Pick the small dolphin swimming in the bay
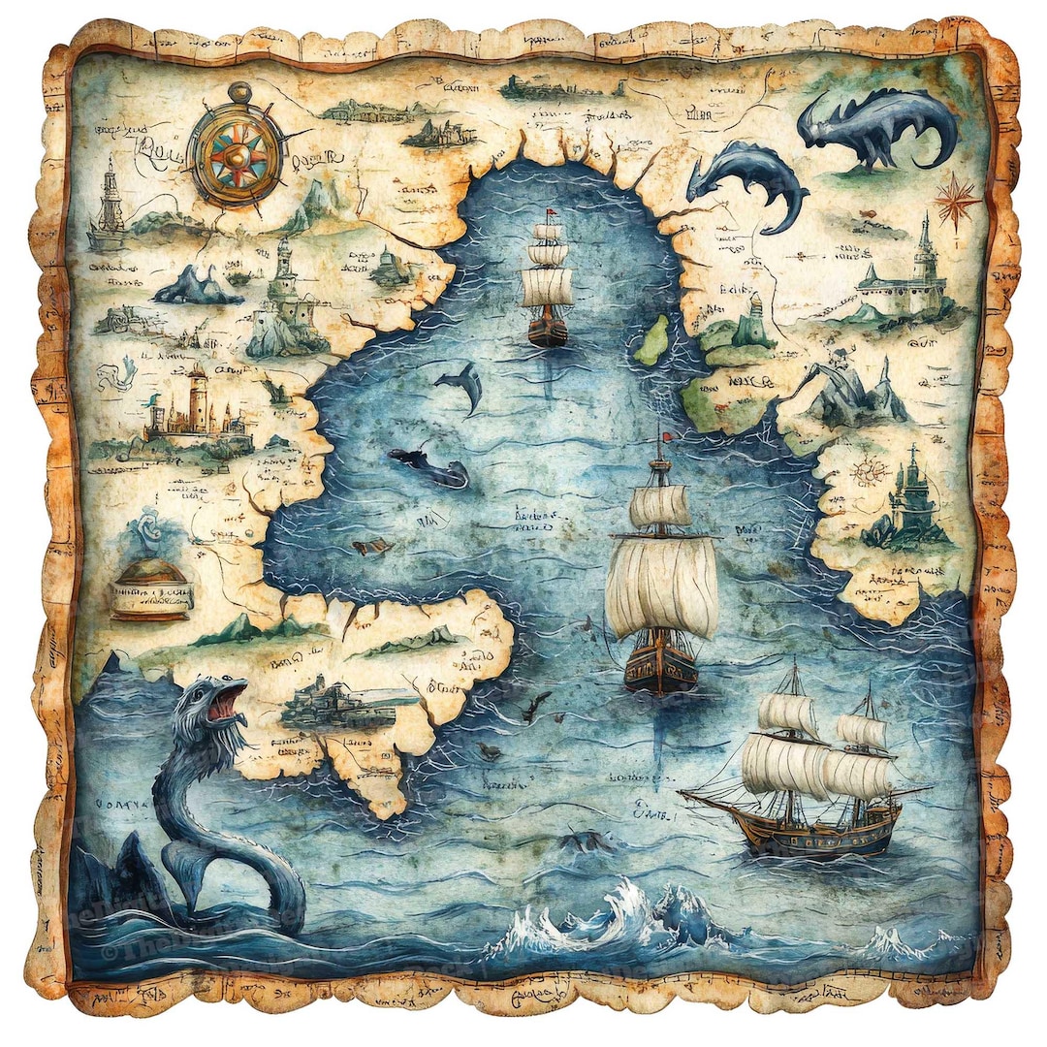(x=461, y=385)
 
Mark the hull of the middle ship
(x=661, y=666)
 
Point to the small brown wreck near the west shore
(x=373, y=548)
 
